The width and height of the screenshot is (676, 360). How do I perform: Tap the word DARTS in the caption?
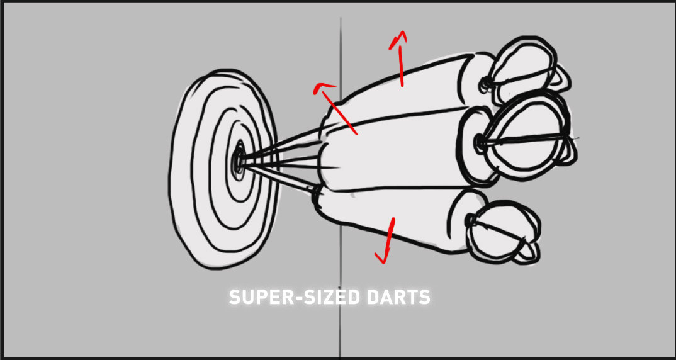pos(396,298)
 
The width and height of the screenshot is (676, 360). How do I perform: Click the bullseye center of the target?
pos(239,162)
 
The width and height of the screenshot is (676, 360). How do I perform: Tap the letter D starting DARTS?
pos(371,298)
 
